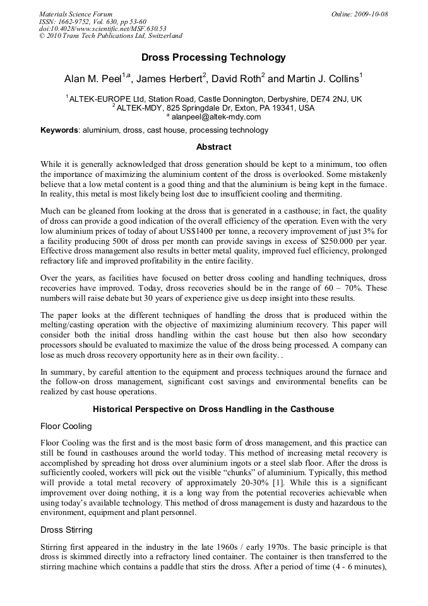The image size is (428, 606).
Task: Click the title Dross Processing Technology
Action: point(213,58)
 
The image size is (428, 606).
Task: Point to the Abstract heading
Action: point(213,147)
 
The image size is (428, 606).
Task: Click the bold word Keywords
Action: point(59,130)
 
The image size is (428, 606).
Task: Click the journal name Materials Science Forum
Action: point(76,14)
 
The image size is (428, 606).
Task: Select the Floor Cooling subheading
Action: point(66,427)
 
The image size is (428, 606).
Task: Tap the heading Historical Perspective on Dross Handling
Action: point(213,409)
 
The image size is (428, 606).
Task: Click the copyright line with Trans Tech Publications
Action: point(110,36)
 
